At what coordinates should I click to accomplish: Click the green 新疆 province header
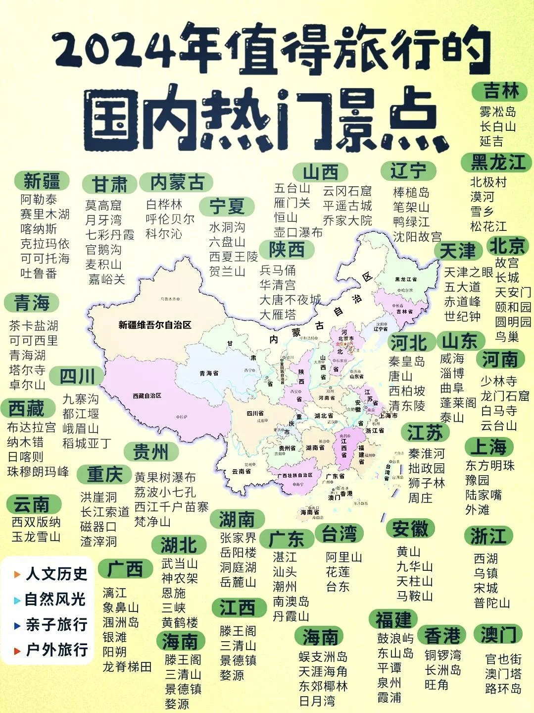tap(42, 181)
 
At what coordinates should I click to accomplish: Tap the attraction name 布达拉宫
tap(31, 428)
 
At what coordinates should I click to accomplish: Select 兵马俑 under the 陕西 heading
tap(278, 271)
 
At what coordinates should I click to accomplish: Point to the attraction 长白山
tap(498, 126)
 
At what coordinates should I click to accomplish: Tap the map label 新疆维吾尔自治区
tap(155, 325)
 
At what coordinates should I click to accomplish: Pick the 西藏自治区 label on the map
tap(147, 396)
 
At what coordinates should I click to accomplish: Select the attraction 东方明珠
tap(490, 466)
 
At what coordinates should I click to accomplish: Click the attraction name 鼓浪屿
tap(395, 638)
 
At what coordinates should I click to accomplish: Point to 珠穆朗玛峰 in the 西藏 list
tap(38, 472)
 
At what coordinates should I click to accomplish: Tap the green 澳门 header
tap(498, 634)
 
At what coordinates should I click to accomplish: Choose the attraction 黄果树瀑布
tap(165, 477)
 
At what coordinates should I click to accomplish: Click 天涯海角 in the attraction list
tap(323, 672)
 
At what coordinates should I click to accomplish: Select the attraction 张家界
tap(238, 538)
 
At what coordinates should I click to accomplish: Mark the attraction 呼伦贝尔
tap(170, 219)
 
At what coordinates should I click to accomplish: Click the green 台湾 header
tap(339, 534)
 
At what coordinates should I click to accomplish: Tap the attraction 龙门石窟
tap(505, 396)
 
